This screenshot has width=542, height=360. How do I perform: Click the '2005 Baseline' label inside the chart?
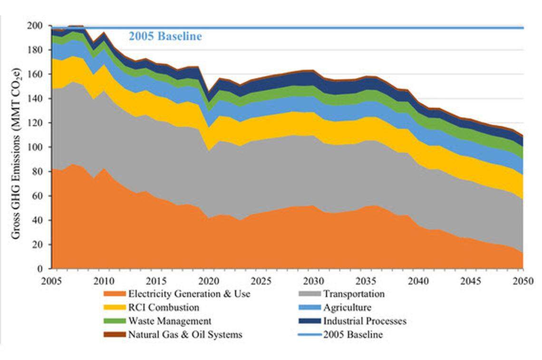(165, 36)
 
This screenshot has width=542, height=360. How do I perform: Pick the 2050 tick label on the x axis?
(523, 280)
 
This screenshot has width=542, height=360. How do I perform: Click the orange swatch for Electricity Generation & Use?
(114, 294)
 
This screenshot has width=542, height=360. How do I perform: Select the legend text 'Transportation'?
(354, 294)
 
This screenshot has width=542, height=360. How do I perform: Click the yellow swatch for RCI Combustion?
(114, 308)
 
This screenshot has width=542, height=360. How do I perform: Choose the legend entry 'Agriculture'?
(347, 308)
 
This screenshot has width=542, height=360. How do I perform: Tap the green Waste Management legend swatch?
(114, 321)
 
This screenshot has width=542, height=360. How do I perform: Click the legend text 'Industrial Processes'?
(365, 321)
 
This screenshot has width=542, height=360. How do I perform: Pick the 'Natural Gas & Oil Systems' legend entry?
(185, 335)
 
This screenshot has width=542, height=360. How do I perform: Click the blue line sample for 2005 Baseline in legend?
(309, 335)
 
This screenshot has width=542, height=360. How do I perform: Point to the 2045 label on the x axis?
(470, 280)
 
